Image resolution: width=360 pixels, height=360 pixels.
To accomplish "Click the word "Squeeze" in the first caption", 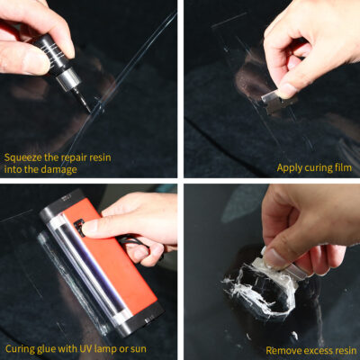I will pos(24,154).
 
